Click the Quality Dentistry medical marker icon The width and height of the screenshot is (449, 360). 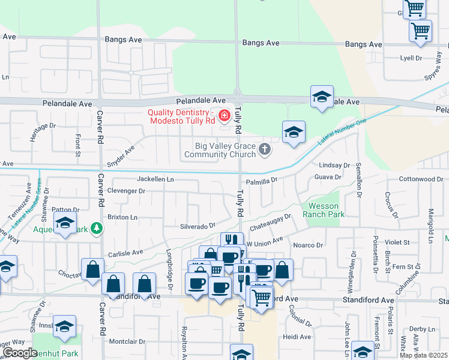pyautogui.click(x=224, y=115)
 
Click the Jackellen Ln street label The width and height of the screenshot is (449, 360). pyautogui.click(x=155, y=179)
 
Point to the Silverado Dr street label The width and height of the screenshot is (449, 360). pyautogui.click(x=197, y=226)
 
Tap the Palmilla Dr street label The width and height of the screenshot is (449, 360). pyautogui.click(x=261, y=179)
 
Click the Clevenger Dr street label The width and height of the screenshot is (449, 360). pyautogui.click(x=126, y=191)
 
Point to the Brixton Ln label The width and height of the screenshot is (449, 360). pyautogui.click(x=122, y=217)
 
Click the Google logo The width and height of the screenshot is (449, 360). pyautogui.click(x=20, y=353)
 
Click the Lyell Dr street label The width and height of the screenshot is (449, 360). pyautogui.click(x=411, y=58)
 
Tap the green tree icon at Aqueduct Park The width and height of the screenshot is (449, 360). pyautogui.click(x=96, y=229)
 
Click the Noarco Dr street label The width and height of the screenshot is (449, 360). pyautogui.click(x=308, y=245)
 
